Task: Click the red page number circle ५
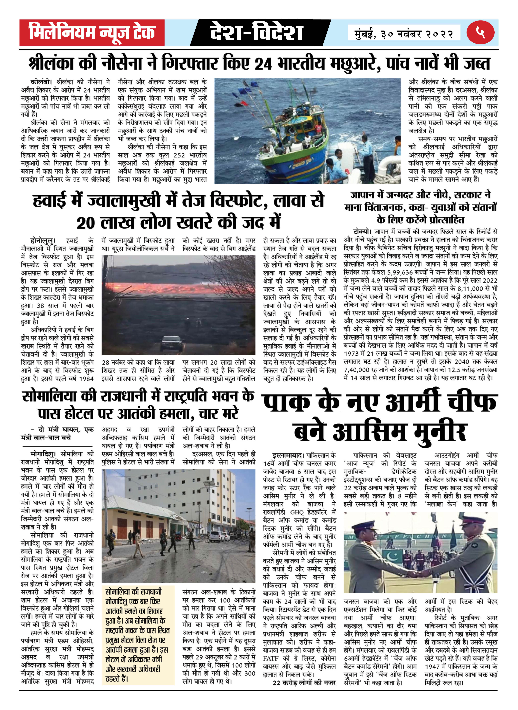pos(480,32)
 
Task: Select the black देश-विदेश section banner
pos(256,32)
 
